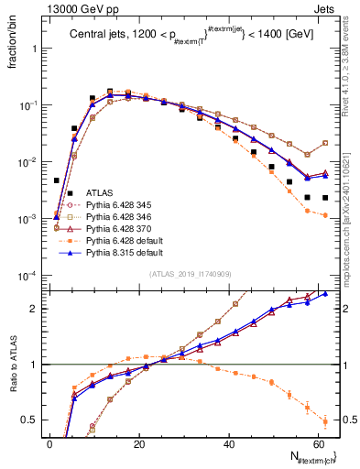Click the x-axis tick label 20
tap(138, 442)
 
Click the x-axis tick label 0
tap(49, 442)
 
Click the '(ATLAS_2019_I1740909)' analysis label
tap(191, 274)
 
